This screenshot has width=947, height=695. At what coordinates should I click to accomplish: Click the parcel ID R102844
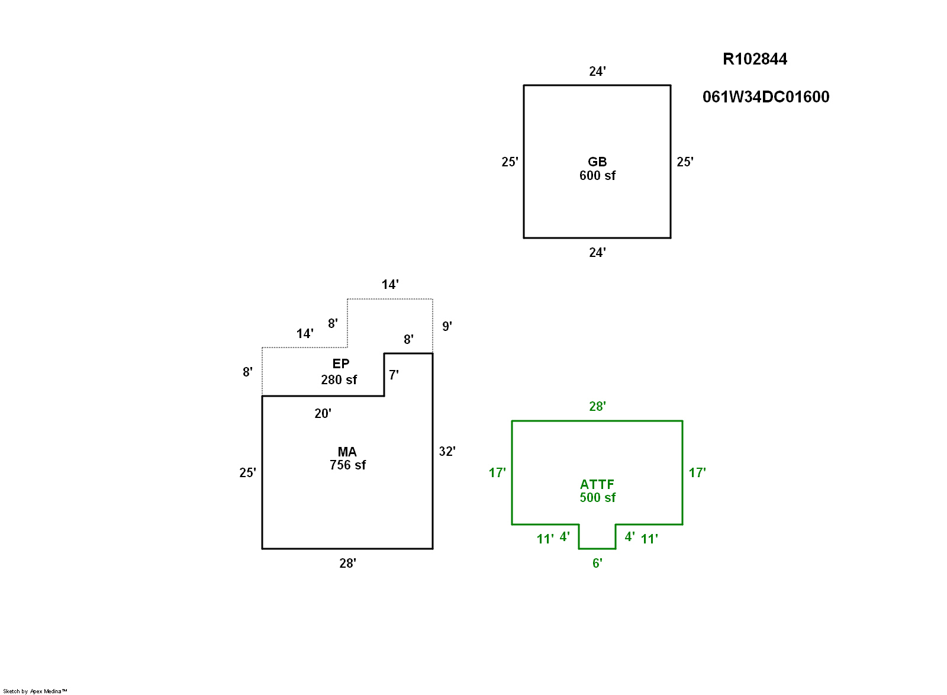coord(755,59)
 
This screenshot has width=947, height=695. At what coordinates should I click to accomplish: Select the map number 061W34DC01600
coord(765,97)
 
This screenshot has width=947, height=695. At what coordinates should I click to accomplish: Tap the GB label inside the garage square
coord(597,162)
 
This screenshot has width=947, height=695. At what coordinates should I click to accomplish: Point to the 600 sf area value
coord(597,176)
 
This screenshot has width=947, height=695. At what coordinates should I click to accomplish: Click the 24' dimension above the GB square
coord(597,72)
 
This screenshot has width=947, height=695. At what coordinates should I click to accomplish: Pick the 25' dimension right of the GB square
coord(685,162)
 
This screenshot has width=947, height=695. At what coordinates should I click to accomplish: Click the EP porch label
coord(340,363)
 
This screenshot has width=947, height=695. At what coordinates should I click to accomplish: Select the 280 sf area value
coord(339,379)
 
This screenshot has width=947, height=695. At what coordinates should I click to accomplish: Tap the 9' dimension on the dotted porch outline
coord(447,326)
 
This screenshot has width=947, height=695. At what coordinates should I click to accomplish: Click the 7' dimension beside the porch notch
coord(394,375)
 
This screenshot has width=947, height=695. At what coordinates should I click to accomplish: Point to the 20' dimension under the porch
coord(323,414)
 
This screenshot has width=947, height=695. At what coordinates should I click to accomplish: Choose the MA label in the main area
coord(347,452)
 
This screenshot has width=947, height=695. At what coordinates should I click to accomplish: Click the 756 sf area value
coord(347,465)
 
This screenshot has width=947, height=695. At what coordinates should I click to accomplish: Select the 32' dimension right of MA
coord(447,452)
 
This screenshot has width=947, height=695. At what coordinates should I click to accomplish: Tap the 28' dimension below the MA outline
coord(347,564)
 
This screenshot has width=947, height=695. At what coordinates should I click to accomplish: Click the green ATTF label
coord(597,484)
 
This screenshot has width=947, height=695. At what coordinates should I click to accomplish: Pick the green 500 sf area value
coord(597,498)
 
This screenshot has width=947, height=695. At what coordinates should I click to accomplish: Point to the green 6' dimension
coord(597,564)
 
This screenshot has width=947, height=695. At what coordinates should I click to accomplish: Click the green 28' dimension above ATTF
coord(597,407)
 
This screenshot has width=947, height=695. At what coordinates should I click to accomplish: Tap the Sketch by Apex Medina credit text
coord(35,691)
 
